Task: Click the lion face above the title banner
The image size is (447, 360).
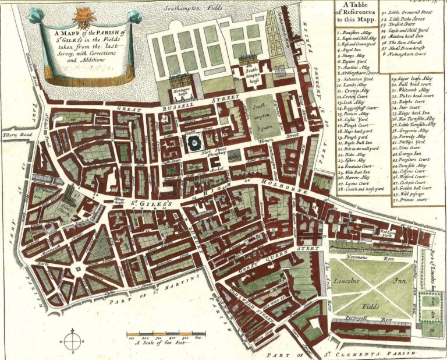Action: click(x=77, y=13)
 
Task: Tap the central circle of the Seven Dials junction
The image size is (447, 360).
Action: click(x=77, y=270)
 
